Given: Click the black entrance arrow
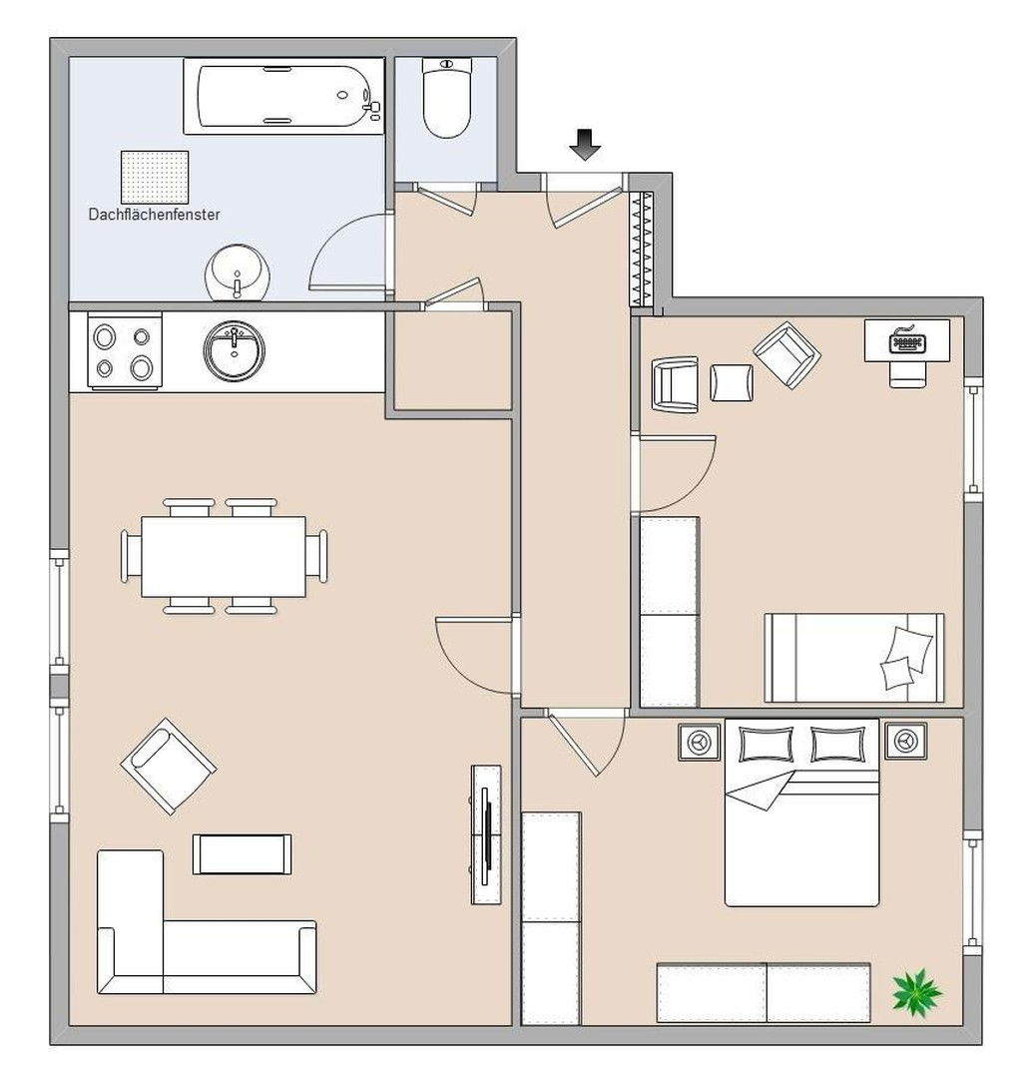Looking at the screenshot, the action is click(x=585, y=145).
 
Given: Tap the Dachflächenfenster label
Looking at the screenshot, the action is click(x=154, y=215).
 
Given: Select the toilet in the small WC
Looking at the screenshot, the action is click(x=447, y=98).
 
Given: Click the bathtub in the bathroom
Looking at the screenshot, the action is click(x=283, y=96).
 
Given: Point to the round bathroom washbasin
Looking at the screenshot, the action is click(x=238, y=272).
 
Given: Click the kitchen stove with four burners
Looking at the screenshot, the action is click(x=125, y=350).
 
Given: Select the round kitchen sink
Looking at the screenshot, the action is click(x=234, y=350).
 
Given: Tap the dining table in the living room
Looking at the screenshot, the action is click(x=224, y=557).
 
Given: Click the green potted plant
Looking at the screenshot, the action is click(x=916, y=992).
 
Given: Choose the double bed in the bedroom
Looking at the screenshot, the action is click(x=801, y=812).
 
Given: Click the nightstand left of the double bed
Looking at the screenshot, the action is click(x=700, y=741).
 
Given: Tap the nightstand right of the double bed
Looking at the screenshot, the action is click(x=905, y=741).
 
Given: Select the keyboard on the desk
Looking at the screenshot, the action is click(x=907, y=341).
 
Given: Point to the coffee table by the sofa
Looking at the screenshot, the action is click(x=242, y=854).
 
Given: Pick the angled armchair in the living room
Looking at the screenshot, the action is click(x=169, y=767).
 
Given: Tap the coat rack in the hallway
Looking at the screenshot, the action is click(x=642, y=249).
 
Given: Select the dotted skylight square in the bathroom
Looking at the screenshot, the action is click(x=155, y=177).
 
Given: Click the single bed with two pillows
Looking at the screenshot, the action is click(x=854, y=658).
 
